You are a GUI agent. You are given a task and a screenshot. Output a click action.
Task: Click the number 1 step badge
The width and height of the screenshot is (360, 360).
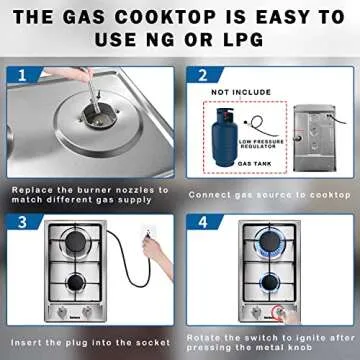coord(23,76)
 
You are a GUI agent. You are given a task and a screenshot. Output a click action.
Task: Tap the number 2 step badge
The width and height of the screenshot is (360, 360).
coord(203,76)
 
